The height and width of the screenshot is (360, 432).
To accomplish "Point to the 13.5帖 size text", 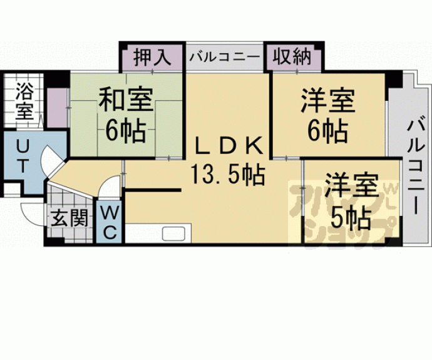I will point(227,173).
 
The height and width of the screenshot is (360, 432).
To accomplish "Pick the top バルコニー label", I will point(224,57).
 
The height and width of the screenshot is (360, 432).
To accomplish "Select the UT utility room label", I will point(21,157).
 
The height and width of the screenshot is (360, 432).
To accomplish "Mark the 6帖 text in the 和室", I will point(125,131).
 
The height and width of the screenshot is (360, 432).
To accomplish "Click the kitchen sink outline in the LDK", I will point(175,235).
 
